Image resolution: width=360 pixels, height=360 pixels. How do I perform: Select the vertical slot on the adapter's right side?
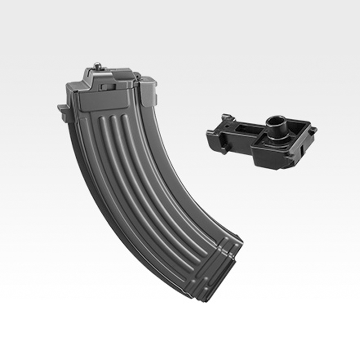(x=302, y=149)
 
